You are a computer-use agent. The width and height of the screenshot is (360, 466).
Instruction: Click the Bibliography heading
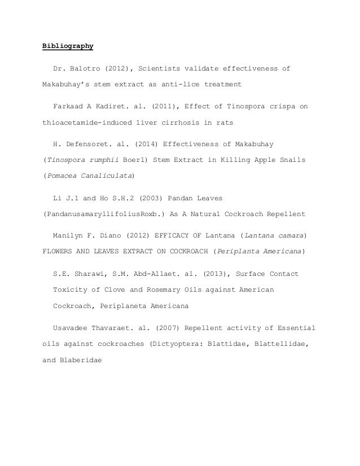pyautogui.click(x=68, y=46)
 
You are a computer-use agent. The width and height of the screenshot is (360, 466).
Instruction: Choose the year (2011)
pyautogui.click(x=160, y=105)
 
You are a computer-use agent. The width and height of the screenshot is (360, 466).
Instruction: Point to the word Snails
pyautogui.click(x=293, y=159)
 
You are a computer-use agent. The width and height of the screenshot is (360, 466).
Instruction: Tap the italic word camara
pyautogui.click(x=288, y=234)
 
